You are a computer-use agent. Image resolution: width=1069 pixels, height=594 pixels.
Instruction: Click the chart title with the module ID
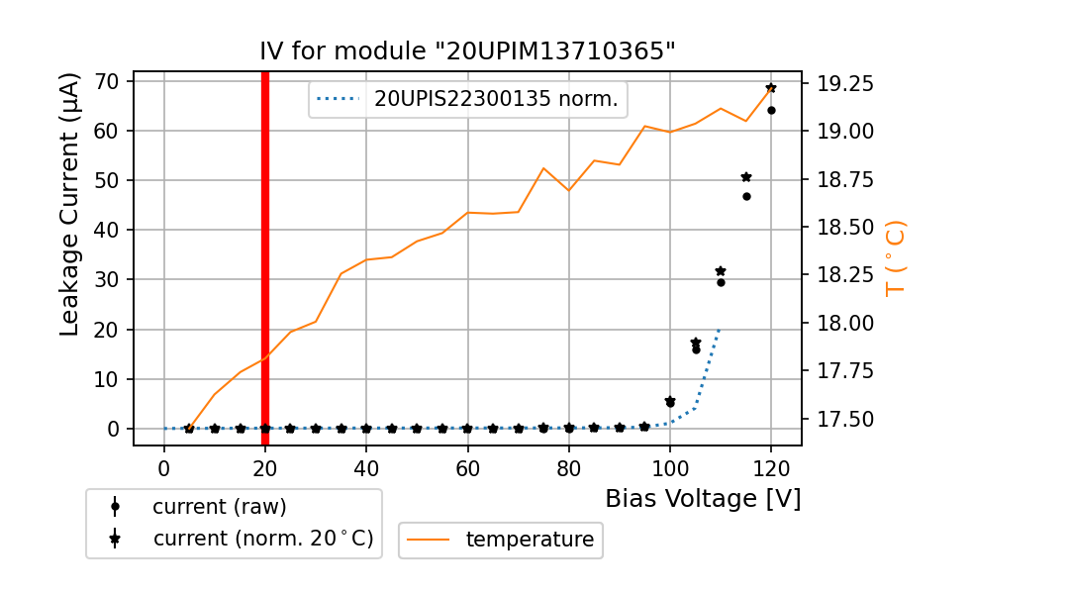[467, 51]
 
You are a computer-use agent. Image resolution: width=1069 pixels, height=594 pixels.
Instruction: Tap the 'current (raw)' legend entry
[219, 507]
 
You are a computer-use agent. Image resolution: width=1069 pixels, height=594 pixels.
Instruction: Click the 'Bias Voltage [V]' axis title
[703, 499]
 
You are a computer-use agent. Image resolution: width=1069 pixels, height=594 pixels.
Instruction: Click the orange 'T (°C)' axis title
[896, 257]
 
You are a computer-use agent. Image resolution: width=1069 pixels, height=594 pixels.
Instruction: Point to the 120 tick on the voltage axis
[771, 465]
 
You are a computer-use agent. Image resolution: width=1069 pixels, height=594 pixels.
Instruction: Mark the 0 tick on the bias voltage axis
[164, 465]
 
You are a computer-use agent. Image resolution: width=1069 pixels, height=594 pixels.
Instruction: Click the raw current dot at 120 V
[771, 110]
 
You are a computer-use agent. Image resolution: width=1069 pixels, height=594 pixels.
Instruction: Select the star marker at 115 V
[746, 177]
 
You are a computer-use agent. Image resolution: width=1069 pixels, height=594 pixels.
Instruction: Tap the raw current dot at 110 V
[721, 283]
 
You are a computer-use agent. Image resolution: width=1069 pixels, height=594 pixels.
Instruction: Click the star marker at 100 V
[670, 400]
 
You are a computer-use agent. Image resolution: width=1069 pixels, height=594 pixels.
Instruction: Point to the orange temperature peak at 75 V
[543, 168]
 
